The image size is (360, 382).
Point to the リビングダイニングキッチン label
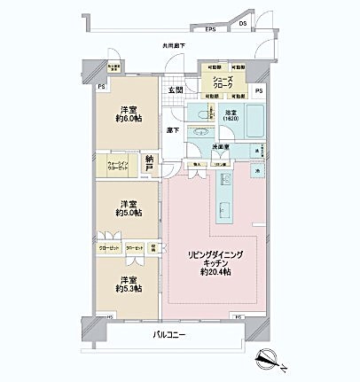coord(210,263)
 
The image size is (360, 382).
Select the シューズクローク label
coord(222,81)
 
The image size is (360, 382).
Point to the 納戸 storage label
coord(150,163)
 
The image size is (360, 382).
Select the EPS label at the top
coord(210,29)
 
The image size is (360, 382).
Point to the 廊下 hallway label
coord(173,130)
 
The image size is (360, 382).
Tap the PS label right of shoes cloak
coord(259,91)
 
